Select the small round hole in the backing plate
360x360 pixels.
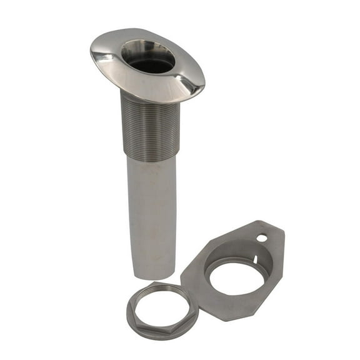pos(261,237)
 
